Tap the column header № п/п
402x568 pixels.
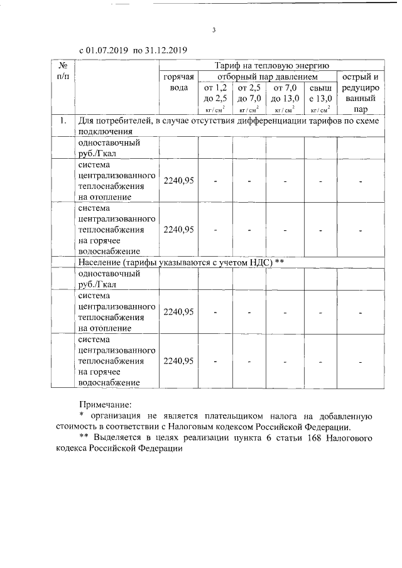coord(62,71)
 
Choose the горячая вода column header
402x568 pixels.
coord(177,82)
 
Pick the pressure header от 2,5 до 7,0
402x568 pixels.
coord(249,93)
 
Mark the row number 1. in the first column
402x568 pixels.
coord(62,121)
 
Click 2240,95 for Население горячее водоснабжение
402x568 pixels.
coord(178,361)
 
